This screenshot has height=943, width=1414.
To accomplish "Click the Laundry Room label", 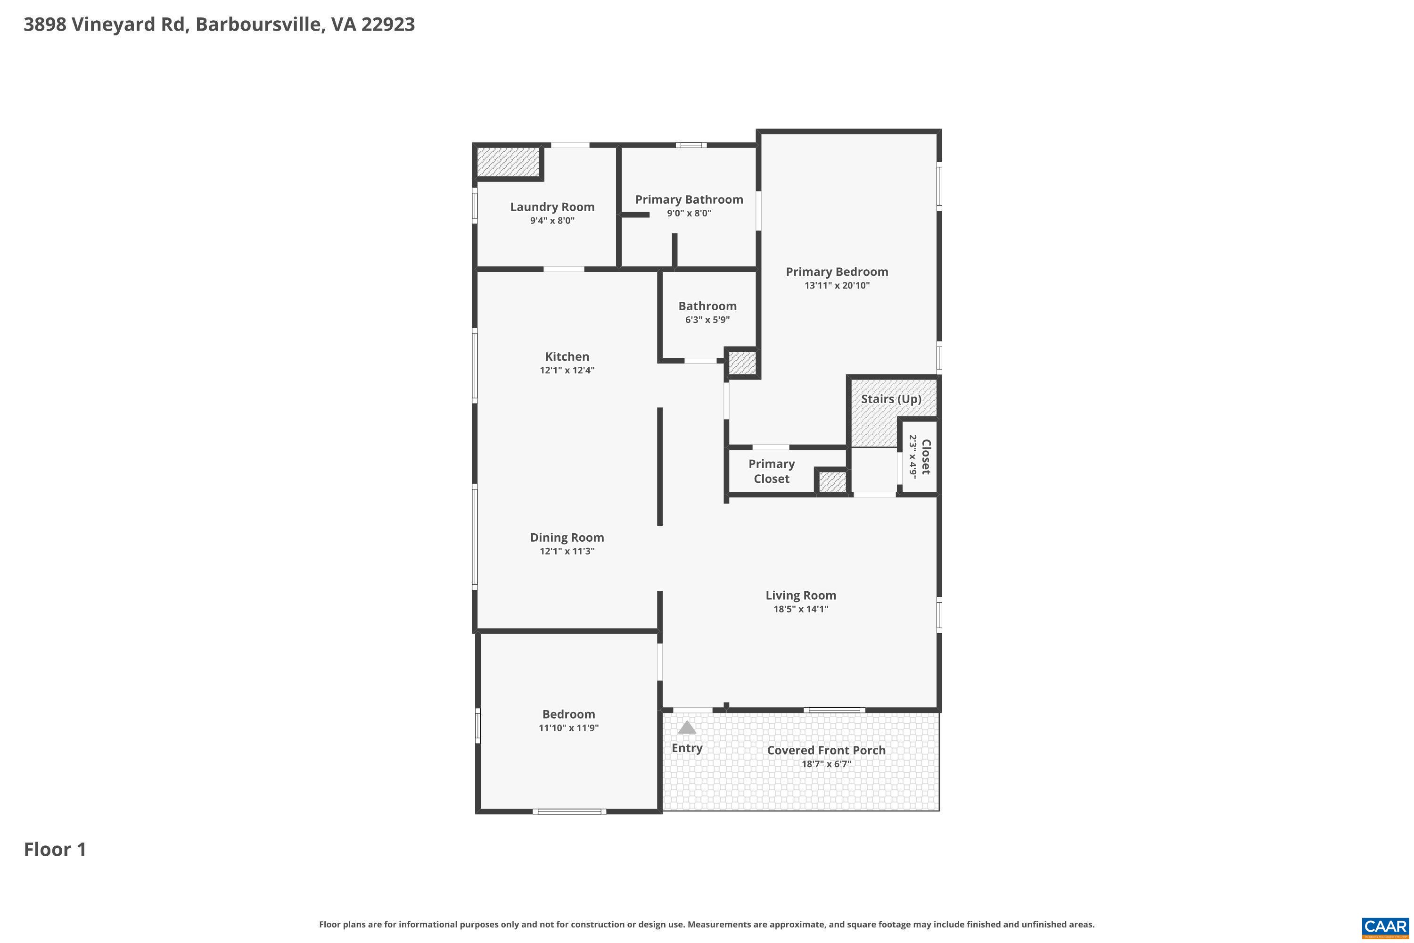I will (552, 207).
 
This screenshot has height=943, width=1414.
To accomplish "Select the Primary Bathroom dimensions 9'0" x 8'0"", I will (689, 214).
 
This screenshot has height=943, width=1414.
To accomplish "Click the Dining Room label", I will (567, 538).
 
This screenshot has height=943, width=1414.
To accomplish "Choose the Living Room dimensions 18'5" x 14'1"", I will (801, 609).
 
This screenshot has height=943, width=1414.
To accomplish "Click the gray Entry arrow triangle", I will (687, 728).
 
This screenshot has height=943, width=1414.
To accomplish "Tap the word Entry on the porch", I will (687, 748).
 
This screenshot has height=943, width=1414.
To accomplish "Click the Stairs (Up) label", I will (891, 399).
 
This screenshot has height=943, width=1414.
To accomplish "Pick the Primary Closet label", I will (771, 471).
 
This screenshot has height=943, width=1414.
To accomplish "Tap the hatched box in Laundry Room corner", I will (508, 162).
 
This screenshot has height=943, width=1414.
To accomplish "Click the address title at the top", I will (220, 25).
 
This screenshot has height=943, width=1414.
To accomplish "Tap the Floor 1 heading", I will (55, 850).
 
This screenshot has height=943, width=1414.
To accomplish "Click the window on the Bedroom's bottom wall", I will (569, 811).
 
